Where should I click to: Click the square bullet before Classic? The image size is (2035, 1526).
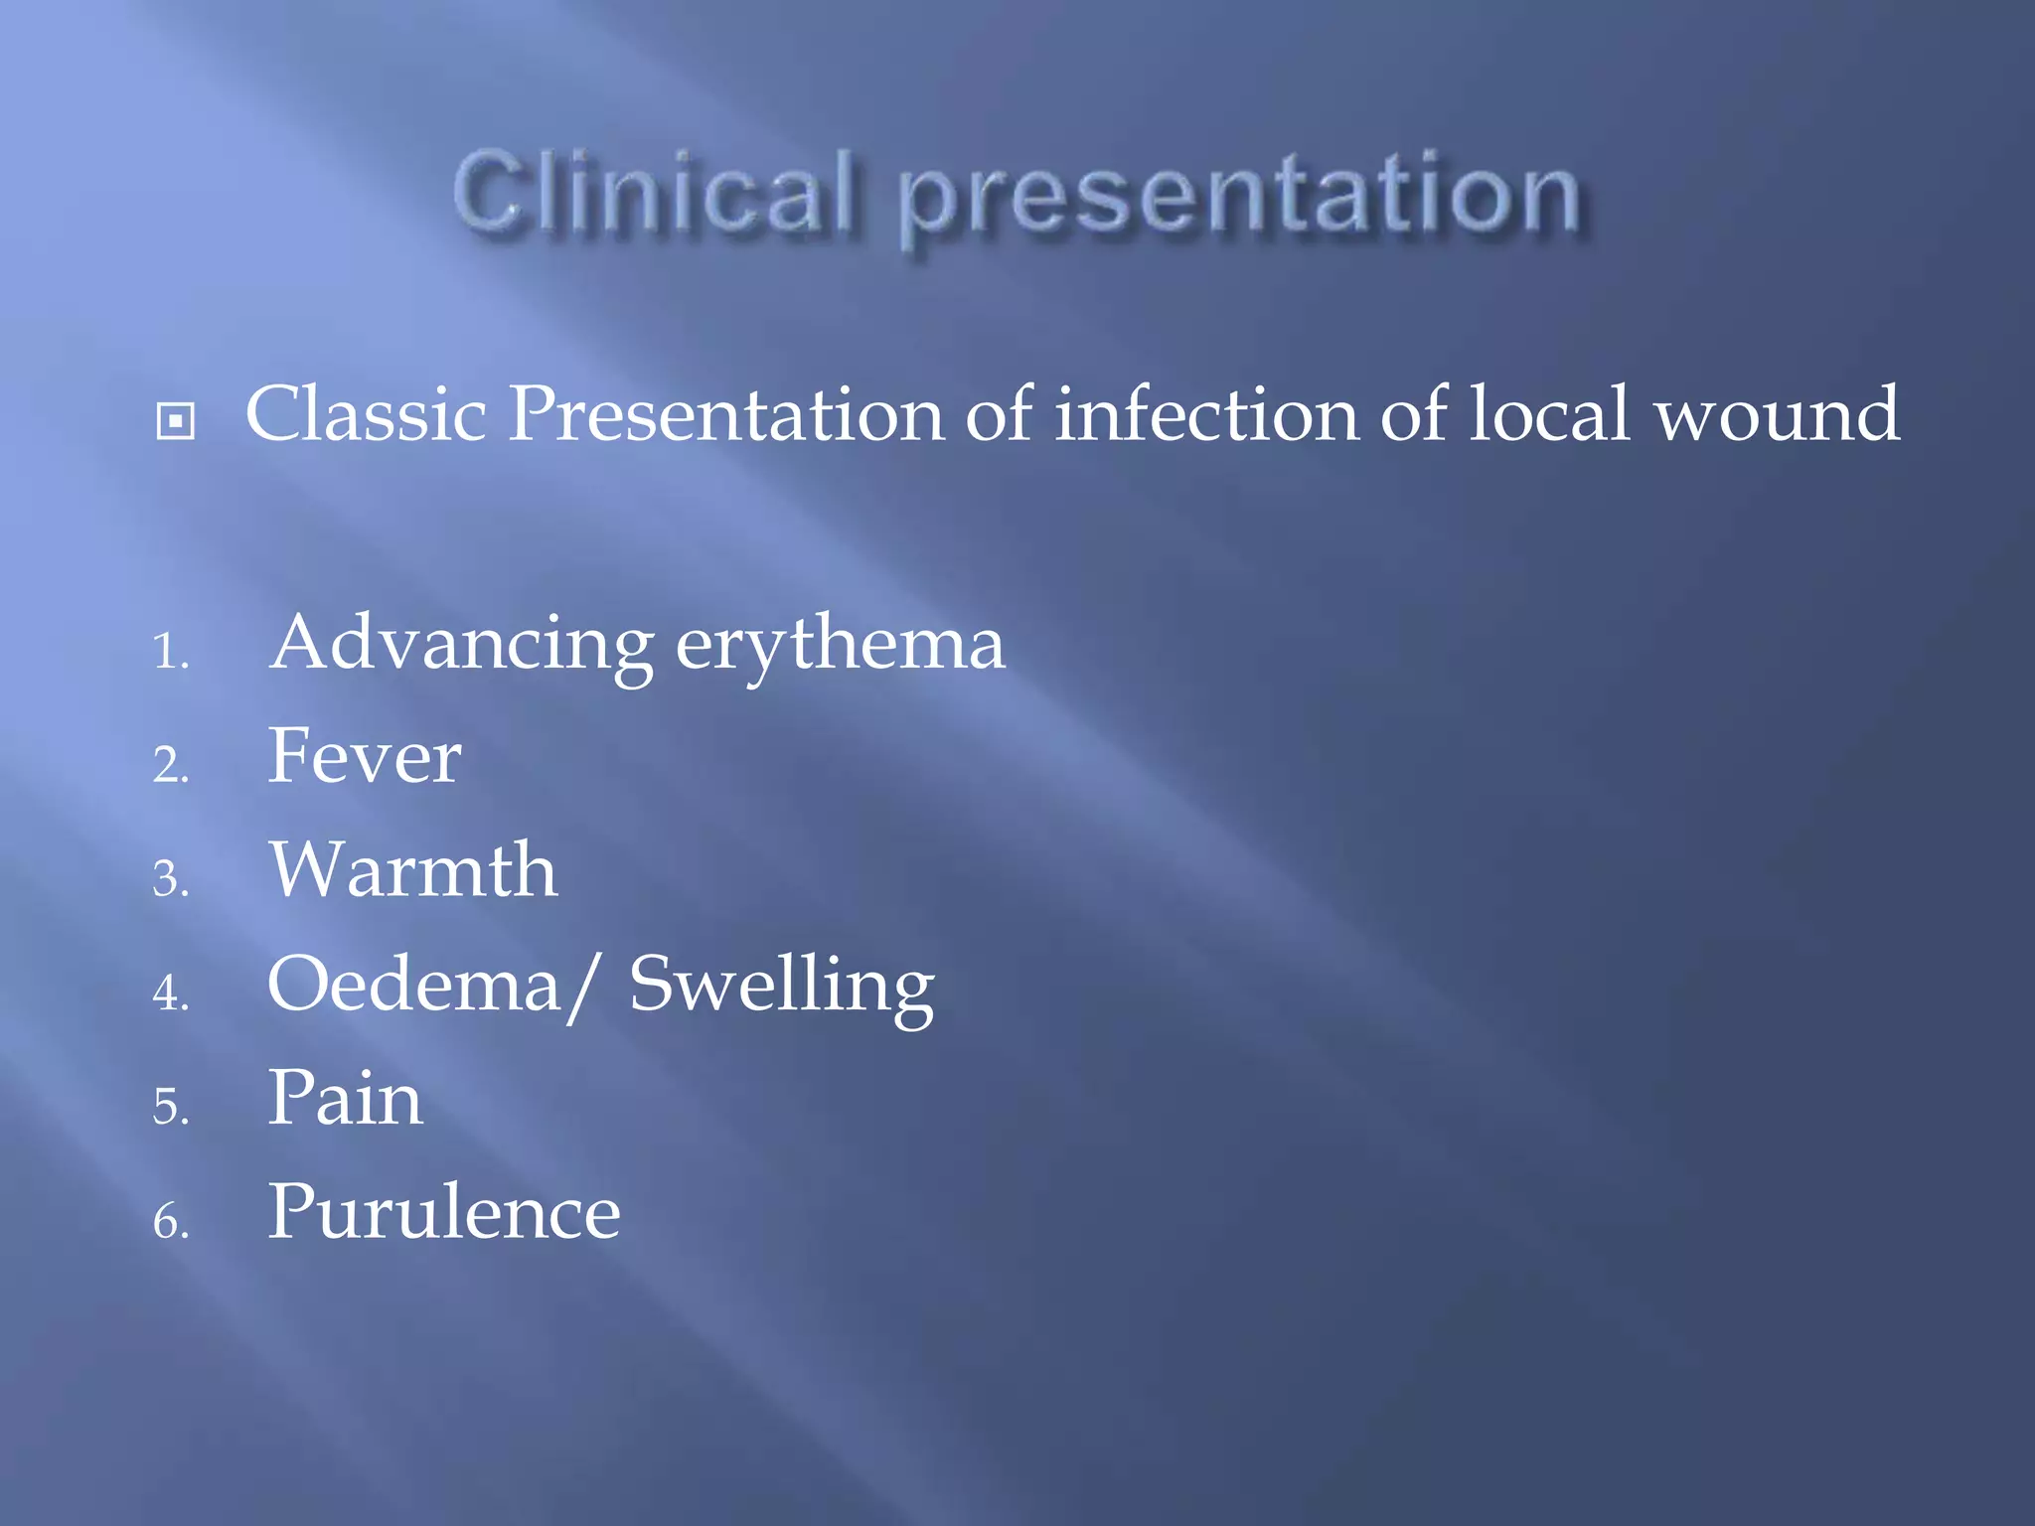(176, 421)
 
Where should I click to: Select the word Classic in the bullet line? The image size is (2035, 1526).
(366, 413)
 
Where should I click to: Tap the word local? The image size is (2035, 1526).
(1549, 413)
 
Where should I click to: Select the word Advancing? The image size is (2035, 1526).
(461, 644)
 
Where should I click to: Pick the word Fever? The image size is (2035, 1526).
(365, 756)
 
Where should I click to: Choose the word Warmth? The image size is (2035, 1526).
(413, 870)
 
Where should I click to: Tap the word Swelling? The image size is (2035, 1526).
(782, 988)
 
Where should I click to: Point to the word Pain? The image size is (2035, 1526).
(346, 1098)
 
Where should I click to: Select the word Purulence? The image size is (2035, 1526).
(444, 1212)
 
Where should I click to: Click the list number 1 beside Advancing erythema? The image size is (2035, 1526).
(169, 653)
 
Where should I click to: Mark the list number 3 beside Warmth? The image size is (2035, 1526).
(169, 880)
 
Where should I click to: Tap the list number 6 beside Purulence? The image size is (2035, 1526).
(169, 1221)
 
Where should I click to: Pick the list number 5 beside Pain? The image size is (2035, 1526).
(169, 1107)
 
